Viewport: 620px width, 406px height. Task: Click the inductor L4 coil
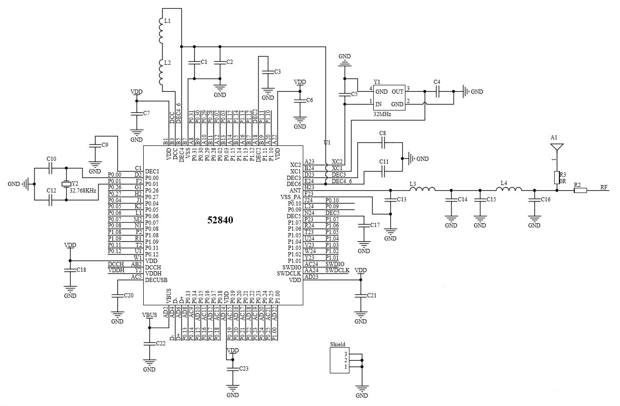(x=509, y=189)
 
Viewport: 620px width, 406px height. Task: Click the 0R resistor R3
(x=556, y=177)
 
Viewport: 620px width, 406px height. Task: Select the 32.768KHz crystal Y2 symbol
(x=66, y=184)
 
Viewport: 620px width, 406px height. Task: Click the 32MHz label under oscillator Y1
(x=382, y=114)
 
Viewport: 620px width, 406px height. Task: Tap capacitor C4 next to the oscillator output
(x=437, y=91)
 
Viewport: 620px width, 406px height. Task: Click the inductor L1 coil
(x=161, y=30)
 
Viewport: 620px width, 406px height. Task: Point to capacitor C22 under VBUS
(x=149, y=344)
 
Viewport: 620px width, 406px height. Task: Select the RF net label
(x=604, y=187)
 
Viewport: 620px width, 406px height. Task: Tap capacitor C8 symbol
(x=383, y=144)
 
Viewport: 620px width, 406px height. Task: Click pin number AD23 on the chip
(x=311, y=276)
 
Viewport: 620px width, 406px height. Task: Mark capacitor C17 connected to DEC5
(x=363, y=225)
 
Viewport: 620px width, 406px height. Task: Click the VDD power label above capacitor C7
(x=137, y=92)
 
